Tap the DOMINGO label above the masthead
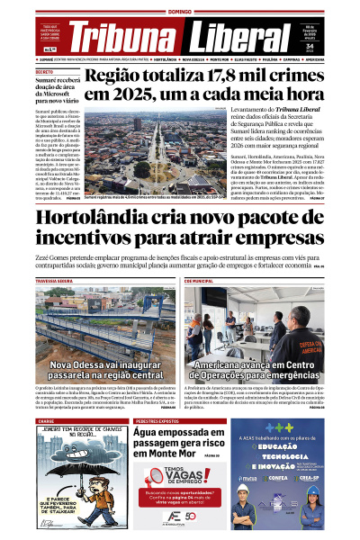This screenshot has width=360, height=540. tap(181, 10)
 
